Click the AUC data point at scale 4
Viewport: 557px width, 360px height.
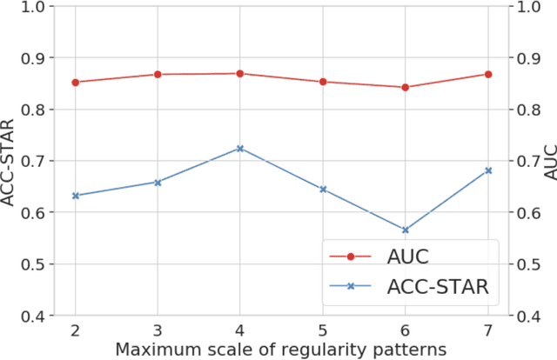[x=240, y=73]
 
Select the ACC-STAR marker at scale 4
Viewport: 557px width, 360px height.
[x=240, y=149]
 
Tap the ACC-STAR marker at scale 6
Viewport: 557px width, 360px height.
[x=406, y=230]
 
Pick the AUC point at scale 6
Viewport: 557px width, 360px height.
[x=406, y=87]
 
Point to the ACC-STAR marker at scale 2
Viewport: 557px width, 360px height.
[x=75, y=196]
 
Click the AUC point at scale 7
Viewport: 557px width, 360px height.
[x=488, y=74]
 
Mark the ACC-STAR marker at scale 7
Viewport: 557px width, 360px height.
[x=488, y=170]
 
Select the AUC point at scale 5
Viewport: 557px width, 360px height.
[x=323, y=82]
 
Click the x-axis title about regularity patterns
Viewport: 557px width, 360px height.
[x=281, y=350]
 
